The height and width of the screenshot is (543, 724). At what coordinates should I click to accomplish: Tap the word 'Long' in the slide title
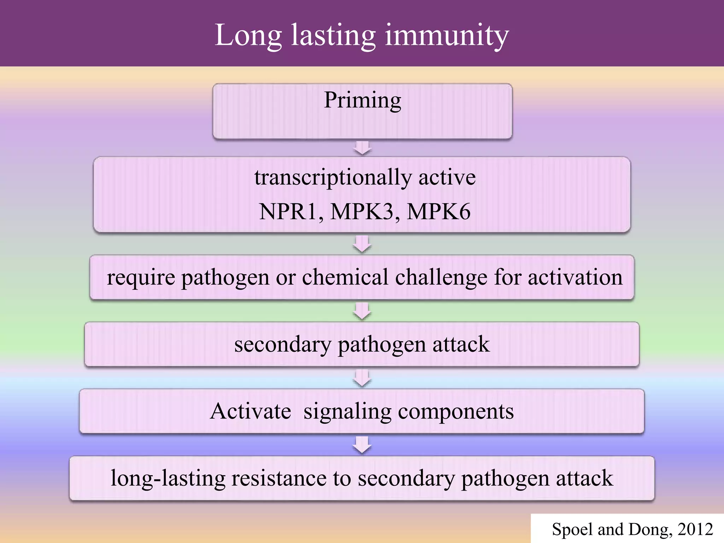pos(248,35)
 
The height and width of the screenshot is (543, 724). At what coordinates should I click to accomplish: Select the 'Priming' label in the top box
pos(363,100)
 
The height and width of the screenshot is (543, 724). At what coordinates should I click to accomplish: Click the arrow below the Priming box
pos(362,148)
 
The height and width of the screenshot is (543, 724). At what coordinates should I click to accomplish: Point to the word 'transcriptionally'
pos(333,177)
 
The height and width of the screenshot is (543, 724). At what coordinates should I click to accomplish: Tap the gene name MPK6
pos(439,212)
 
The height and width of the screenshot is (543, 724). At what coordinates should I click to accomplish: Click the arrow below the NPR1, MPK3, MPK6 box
pos(362,244)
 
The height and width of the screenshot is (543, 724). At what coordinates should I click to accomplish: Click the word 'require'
pos(141,278)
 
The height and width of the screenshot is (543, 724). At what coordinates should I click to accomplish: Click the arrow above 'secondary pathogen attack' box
pos(362,311)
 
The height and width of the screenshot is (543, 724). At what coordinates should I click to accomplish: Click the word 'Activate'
pos(250,411)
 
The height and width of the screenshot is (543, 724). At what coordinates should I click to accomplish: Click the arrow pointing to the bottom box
pos(362,445)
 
